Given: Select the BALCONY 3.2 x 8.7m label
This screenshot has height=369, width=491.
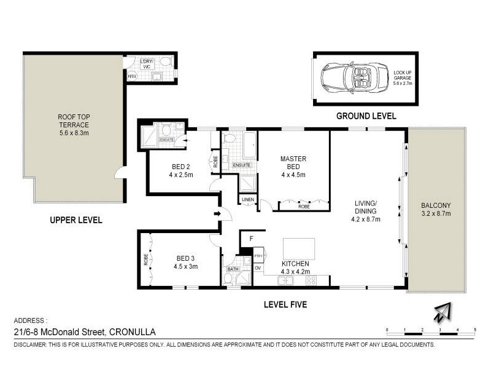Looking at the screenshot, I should (436, 210).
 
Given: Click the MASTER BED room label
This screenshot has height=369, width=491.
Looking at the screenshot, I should (293, 167).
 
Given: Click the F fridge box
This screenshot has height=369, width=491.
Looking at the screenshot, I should (251, 238).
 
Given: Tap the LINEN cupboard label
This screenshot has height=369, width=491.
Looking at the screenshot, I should (248, 200).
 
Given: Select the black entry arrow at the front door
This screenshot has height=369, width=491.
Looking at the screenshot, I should (217, 213).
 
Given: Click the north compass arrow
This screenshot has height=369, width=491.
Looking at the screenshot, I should (441, 312).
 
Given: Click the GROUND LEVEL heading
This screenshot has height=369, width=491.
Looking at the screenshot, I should (366, 116).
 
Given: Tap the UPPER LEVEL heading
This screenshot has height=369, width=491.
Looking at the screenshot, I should (75, 220).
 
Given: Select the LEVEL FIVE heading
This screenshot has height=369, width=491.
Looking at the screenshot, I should (285, 304).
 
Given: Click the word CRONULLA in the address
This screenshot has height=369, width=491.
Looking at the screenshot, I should (131, 332).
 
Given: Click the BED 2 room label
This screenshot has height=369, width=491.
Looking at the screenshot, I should (180, 170).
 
